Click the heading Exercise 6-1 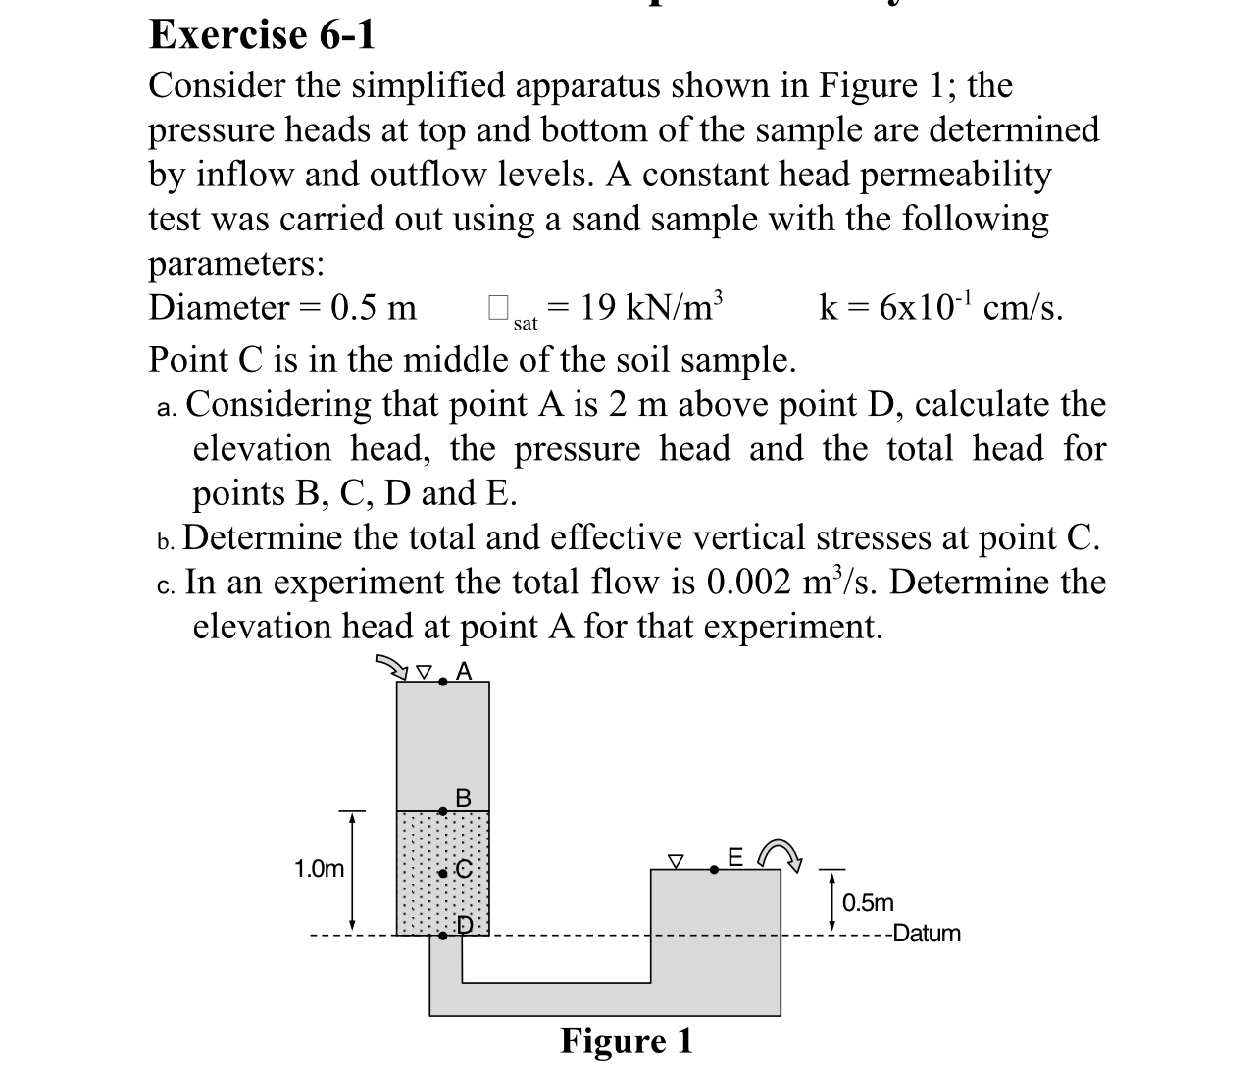point(262,35)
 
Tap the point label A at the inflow point(465,671)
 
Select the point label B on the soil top point(464,798)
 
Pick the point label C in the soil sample point(464,869)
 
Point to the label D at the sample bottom point(465,924)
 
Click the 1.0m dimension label point(320,869)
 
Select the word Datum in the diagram point(927,934)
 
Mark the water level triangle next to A point(424,672)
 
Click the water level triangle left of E point(675,860)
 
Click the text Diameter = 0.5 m point(282,308)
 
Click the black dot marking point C point(443,871)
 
